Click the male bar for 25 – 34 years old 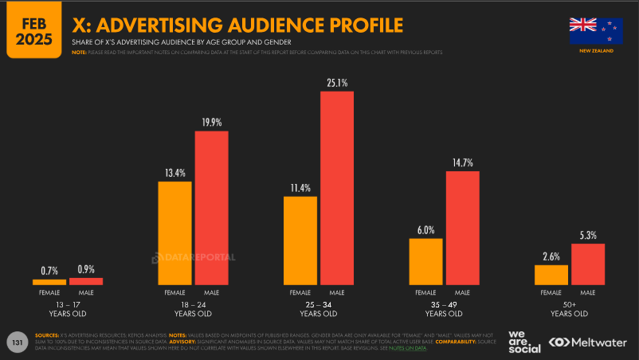tap(337, 188)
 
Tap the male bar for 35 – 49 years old tap(462, 228)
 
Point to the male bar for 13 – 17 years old tap(86, 281)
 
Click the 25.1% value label tap(337, 83)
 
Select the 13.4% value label tap(174, 173)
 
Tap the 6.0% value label tap(425, 229)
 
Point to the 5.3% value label tap(588, 235)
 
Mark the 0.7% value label tap(49, 270)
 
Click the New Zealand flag tap(596, 30)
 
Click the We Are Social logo tap(524, 341)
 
